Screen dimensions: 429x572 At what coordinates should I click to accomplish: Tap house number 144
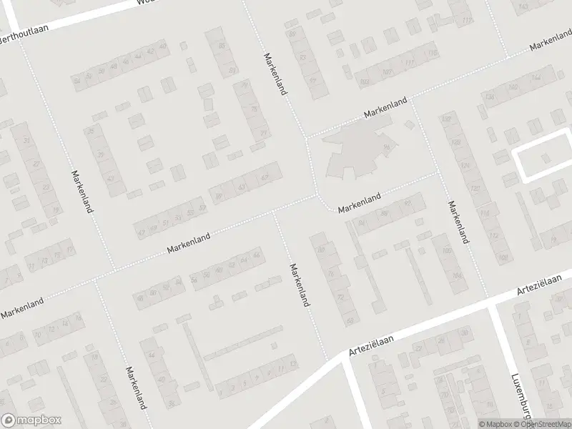click(536, 77)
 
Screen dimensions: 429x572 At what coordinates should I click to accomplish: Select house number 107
click(387, 71)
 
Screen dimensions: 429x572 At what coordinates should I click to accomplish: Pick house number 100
click(448, 251)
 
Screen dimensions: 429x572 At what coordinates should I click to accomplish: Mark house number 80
click(321, 250)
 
